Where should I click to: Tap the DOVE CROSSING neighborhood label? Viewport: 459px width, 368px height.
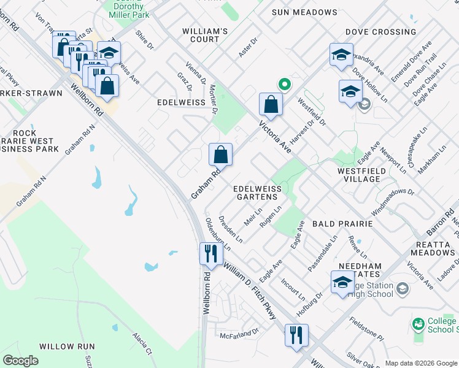tap(380, 32)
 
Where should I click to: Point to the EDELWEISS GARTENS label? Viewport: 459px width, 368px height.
tap(256, 193)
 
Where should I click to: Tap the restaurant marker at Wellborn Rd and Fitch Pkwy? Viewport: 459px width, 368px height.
tap(211, 255)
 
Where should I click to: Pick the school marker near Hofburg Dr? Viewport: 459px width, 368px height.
tap(342, 283)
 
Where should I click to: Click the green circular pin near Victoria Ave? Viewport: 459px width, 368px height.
tap(283, 84)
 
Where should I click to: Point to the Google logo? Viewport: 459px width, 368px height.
tap(21, 361)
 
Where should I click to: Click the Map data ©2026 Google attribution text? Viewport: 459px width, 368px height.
tap(421, 363)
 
